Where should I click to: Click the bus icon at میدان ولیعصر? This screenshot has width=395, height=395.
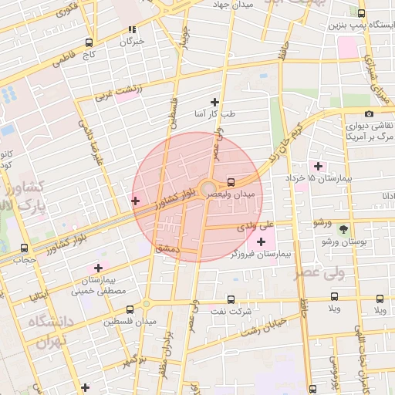tap(231, 183)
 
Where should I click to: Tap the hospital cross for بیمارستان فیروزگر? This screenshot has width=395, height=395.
tap(260, 243)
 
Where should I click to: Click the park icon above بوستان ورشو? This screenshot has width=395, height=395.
tap(343, 229)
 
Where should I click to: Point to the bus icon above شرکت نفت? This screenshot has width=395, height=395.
tap(230, 299)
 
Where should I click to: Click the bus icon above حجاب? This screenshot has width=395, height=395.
tap(24, 248)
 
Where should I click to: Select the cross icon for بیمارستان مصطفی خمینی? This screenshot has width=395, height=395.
tap(98, 268)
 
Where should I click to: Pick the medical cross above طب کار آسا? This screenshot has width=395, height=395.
tap(214, 102)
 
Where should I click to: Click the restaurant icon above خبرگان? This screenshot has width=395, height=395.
tap(132, 30)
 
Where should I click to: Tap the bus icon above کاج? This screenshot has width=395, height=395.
tap(89, 43)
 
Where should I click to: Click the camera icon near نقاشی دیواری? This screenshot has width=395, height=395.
tap(370, 114)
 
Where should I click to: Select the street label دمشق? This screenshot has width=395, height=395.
tap(167, 248)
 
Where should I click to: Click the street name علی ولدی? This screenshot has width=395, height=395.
tap(255, 226)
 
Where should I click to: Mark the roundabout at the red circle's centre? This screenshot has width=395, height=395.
tap(208, 189)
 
